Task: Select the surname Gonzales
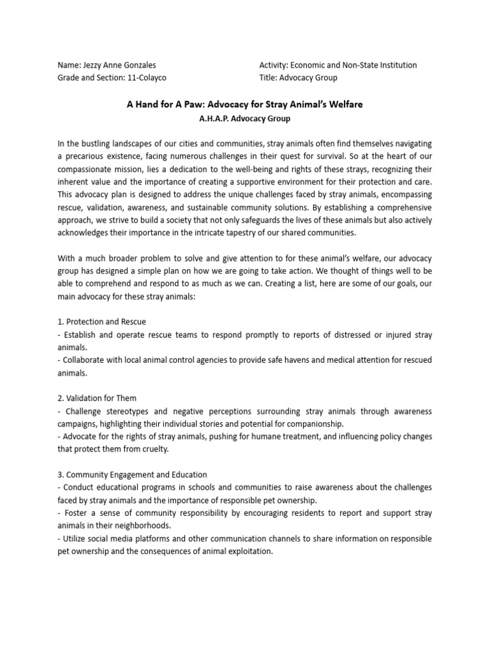pyautogui.click(x=137, y=65)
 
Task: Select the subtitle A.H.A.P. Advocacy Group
pyautogui.click(x=244, y=117)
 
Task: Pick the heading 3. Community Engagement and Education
pyautogui.click(x=132, y=475)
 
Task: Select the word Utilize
pyautogui.click(x=75, y=539)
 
